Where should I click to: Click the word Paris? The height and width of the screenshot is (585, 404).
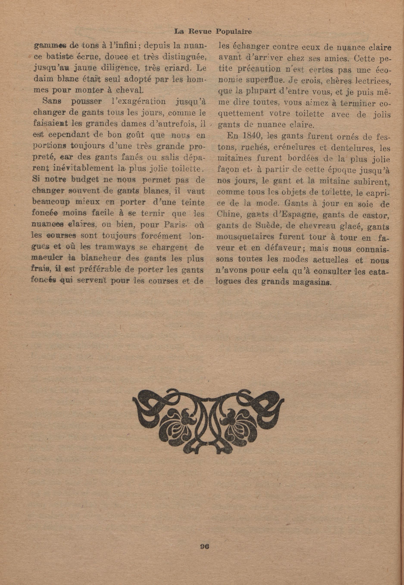tap(175, 225)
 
